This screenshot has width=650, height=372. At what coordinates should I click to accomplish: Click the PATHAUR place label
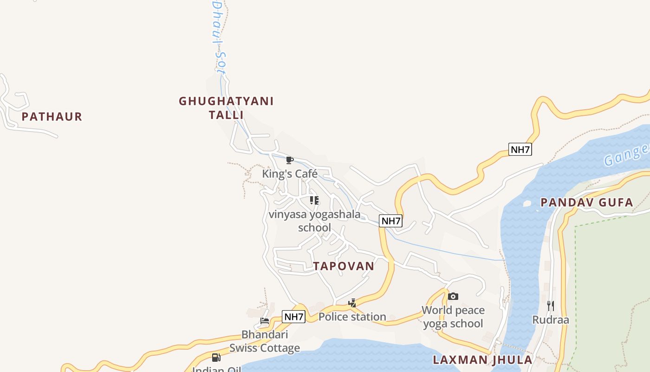(x=52, y=117)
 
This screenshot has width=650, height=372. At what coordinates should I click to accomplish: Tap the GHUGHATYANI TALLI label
(x=226, y=108)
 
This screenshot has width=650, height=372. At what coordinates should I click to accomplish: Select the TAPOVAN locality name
(x=344, y=266)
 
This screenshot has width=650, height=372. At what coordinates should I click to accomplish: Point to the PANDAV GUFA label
(x=587, y=203)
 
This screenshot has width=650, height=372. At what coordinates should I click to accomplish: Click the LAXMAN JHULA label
(x=482, y=360)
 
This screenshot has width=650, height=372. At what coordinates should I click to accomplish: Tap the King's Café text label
(x=290, y=174)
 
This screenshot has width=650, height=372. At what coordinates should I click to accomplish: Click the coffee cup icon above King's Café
(x=290, y=160)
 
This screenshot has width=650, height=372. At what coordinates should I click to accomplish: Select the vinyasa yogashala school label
(x=314, y=221)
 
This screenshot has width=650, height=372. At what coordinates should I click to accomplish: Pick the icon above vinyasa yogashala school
(x=314, y=200)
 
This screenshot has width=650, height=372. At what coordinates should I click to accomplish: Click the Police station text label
(x=352, y=317)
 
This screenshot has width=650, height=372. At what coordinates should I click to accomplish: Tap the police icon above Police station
(x=352, y=303)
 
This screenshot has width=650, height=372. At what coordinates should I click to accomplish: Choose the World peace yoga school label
(x=453, y=317)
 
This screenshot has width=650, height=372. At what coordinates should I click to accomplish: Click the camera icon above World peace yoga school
(x=453, y=296)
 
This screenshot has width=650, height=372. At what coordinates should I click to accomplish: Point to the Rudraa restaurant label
(x=550, y=320)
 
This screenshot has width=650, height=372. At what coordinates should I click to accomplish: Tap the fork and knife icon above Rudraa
(x=550, y=306)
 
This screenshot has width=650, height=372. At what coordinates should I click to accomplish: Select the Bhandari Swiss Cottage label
(x=265, y=341)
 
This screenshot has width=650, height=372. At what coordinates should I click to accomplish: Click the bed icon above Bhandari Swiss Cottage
(x=265, y=321)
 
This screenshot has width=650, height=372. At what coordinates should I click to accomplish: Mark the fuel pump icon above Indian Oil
(x=216, y=358)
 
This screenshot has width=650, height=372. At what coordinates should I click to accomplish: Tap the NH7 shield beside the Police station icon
(x=293, y=317)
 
